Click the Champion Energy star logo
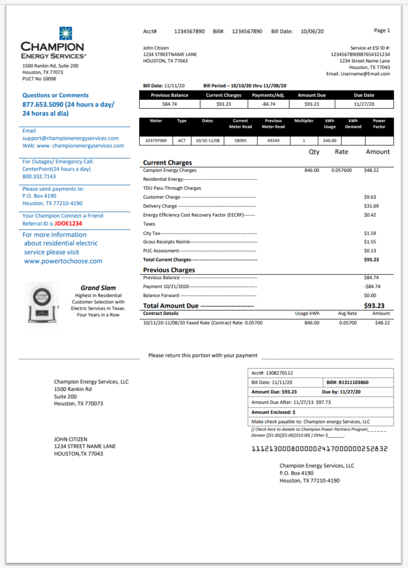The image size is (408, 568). (x=66, y=33)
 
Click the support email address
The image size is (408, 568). (x=70, y=138)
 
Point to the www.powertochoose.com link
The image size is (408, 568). (x=63, y=261)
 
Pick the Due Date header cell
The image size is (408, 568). (x=364, y=95)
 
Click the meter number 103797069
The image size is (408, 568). (x=156, y=141)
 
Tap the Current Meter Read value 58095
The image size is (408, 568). (x=240, y=141)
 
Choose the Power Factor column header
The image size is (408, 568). (x=379, y=124)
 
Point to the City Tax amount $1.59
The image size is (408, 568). (x=370, y=233)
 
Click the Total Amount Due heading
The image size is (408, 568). (x=171, y=306)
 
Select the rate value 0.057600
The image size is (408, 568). (x=341, y=170)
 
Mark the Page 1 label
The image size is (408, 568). (x=382, y=30)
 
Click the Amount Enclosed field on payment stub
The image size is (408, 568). (x=320, y=412)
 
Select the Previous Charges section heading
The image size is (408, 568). (x=169, y=270)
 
